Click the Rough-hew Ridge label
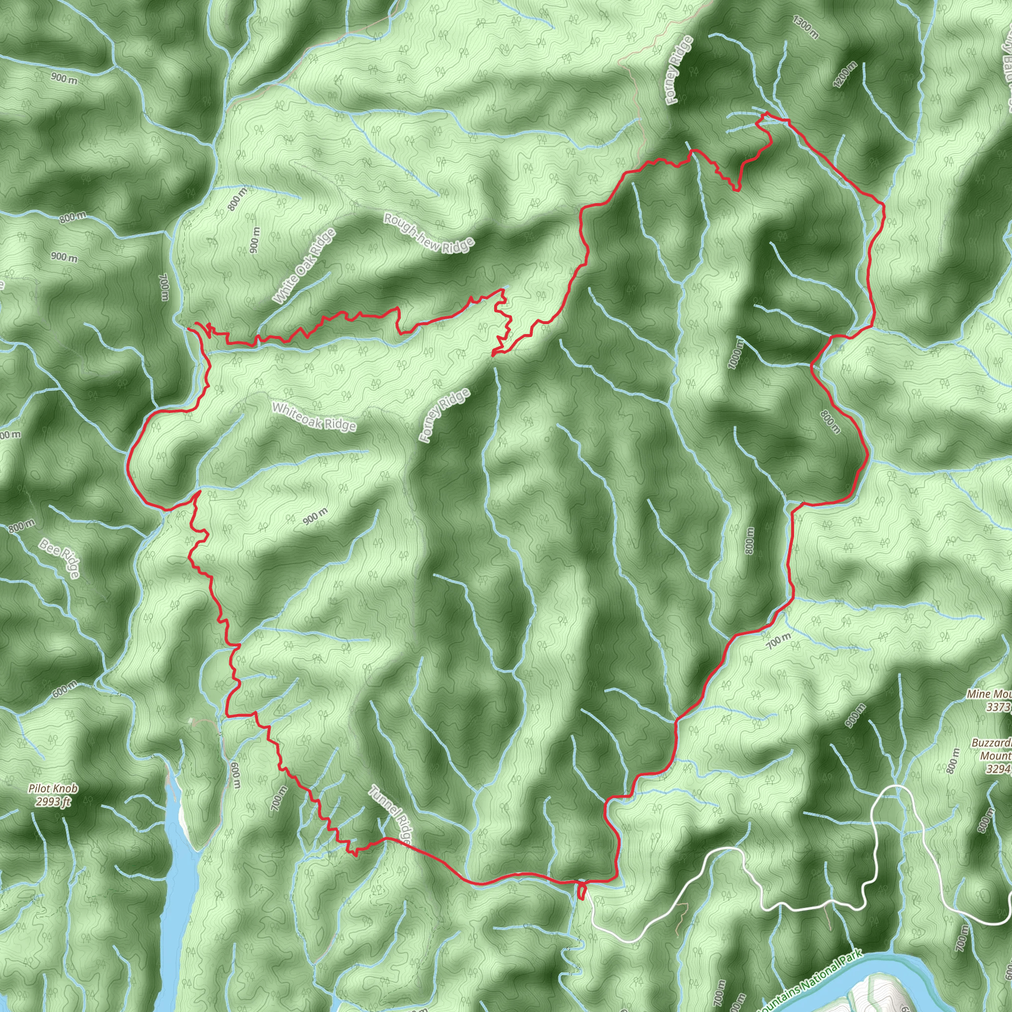tap(429, 234)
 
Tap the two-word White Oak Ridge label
tap(304, 267)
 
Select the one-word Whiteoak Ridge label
tap(314, 417)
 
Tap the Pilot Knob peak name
tap(53, 788)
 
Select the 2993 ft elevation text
tap(53, 801)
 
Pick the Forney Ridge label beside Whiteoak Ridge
tap(444, 416)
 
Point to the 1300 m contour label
tap(805, 28)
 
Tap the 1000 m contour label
tap(735, 354)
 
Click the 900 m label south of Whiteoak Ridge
tap(315, 516)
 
